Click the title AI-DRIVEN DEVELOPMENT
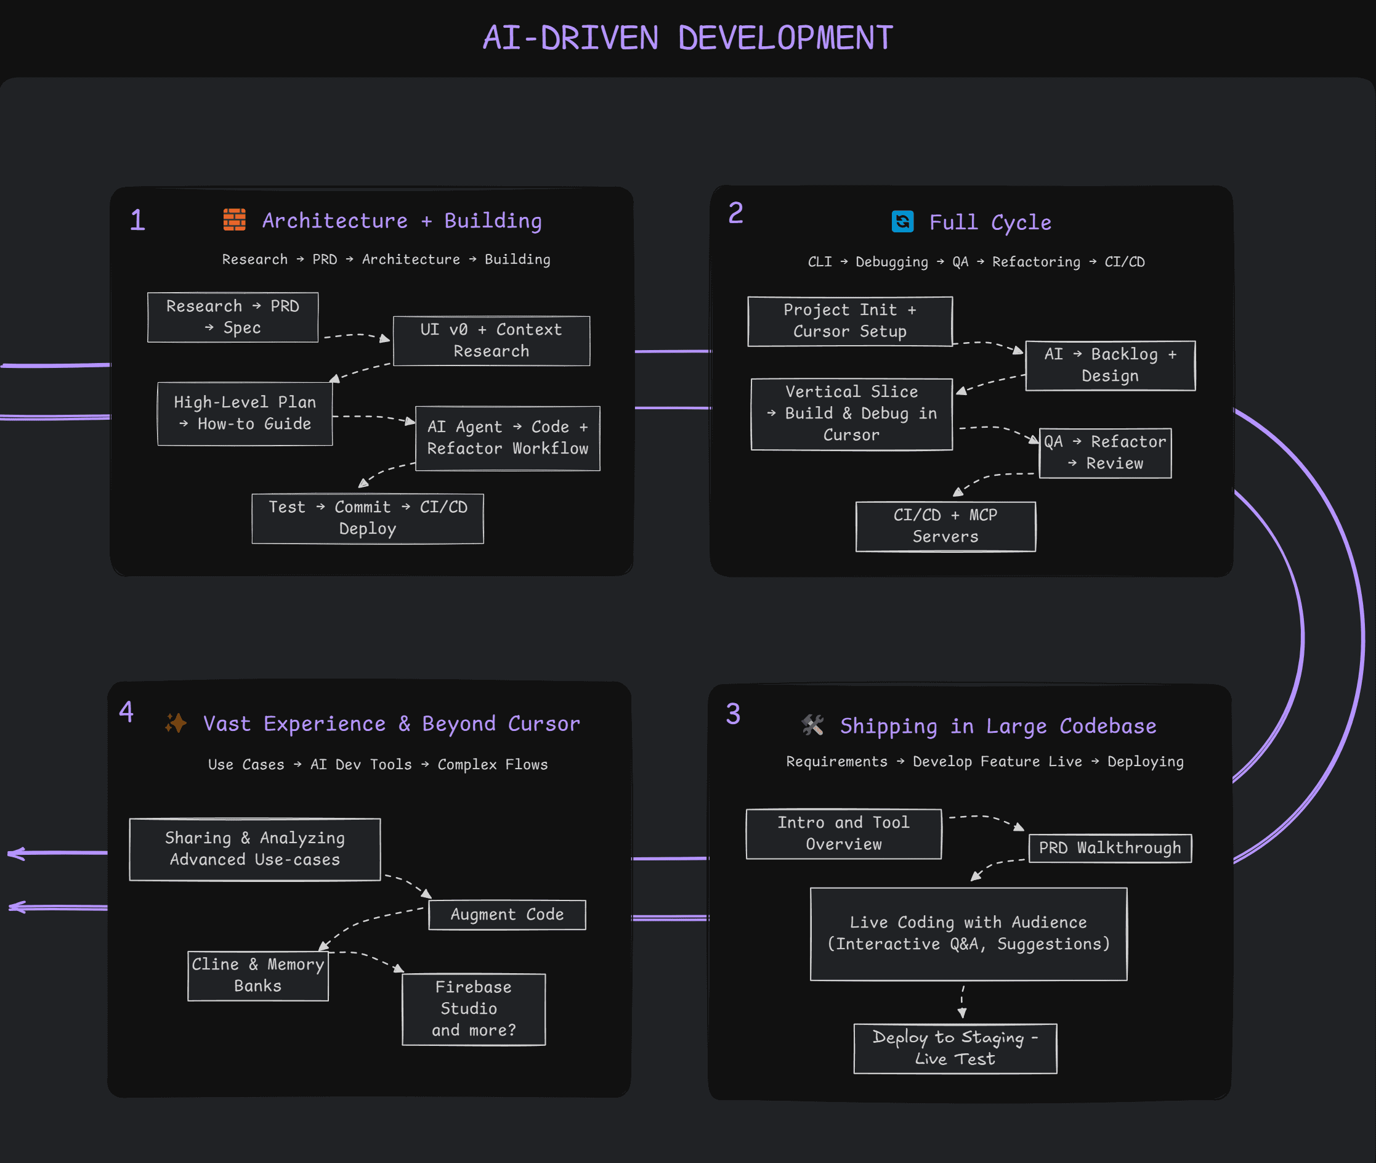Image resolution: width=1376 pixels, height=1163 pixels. point(687,38)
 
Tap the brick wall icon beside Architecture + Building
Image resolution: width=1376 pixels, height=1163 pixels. point(234,219)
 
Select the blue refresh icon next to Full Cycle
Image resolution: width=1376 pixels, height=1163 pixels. point(902,221)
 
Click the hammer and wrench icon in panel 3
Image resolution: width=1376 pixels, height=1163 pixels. point(812,725)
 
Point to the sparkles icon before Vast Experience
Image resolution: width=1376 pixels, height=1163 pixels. point(176,722)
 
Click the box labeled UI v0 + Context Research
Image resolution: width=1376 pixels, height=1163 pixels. point(491,341)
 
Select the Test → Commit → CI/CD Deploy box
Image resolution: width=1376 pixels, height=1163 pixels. point(368,518)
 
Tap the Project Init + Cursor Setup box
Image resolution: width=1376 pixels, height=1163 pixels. point(849,321)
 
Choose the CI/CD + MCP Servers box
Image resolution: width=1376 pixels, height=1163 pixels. point(945,526)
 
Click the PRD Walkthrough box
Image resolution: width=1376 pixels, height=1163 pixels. point(1110,848)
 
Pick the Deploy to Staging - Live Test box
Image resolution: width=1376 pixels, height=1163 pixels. point(955,1048)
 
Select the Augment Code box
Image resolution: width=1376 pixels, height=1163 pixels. point(507,915)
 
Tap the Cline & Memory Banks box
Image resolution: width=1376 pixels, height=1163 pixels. point(257,975)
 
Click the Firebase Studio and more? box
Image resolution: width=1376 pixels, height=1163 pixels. point(473,1009)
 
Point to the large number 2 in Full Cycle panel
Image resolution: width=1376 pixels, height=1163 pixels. point(735,213)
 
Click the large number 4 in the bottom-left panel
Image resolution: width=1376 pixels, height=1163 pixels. point(126,712)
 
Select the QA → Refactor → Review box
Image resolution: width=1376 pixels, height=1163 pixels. point(1104,453)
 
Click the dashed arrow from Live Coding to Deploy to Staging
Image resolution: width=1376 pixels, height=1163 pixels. point(962,1002)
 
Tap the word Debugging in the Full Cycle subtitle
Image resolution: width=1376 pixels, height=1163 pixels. point(891,262)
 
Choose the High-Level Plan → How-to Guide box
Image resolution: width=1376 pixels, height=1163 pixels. point(245,414)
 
